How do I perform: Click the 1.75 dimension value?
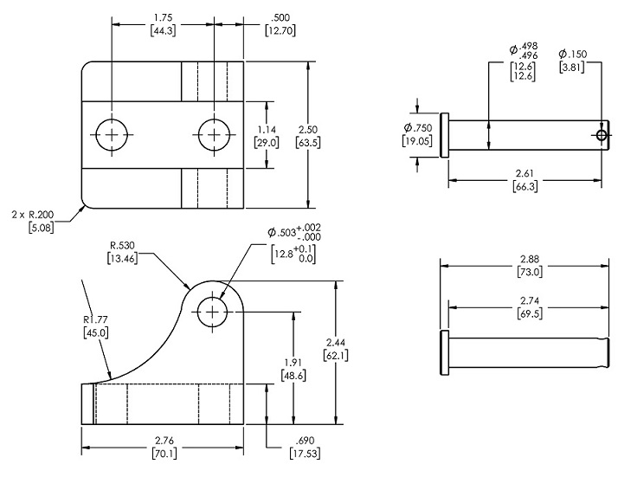pyautogui.click(x=160, y=16)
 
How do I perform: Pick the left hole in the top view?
pyautogui.click(x=111, y=134)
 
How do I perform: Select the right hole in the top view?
pyautogui.click(x=213, y=134)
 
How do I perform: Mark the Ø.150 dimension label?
pyautogui.click(x=572, y=55)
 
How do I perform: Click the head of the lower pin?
pyautogui.click(x=445, y=352)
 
